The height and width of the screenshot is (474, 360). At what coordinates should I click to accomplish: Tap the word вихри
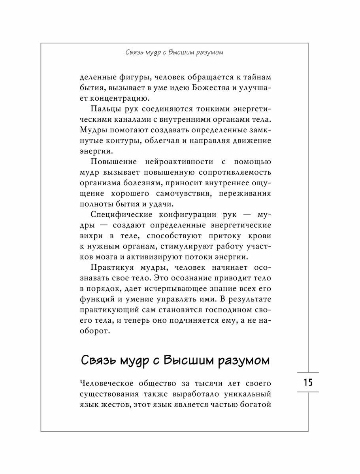point(89,236)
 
